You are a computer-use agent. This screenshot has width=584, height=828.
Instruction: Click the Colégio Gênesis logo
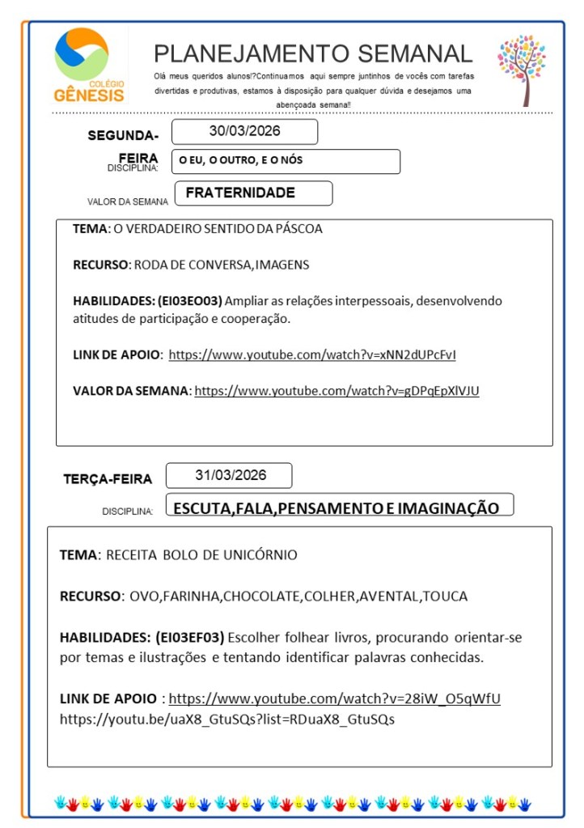[x=89, y=65]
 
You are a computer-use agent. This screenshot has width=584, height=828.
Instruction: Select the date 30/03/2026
[x=244, y=131]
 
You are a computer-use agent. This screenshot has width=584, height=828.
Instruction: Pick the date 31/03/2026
[x=230, y=475]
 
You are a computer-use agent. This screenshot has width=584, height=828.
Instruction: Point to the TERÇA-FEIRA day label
[x=108, y=479]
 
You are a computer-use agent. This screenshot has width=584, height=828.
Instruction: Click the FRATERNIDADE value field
[x=240, y=193]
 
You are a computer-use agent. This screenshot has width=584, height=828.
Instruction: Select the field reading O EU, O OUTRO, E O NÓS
[x=241, y=161]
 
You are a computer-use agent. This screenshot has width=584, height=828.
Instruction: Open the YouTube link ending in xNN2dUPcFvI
[x=317, y=355]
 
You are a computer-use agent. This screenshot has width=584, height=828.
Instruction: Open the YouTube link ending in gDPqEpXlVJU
[x=336, y=391]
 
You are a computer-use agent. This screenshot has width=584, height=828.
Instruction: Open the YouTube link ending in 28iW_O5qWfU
[x=334, y=698]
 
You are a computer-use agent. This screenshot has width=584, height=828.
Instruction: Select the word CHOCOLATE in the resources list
[x=262, y=597]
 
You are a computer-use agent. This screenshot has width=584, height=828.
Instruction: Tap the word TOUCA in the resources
[x=445, y=597]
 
